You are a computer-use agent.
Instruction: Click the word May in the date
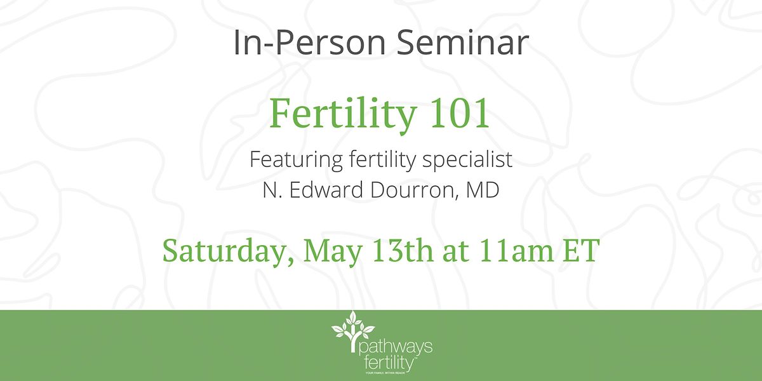tap(328, 250)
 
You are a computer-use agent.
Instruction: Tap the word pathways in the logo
tap(394, 347)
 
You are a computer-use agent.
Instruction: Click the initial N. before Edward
tap(271, 190)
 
